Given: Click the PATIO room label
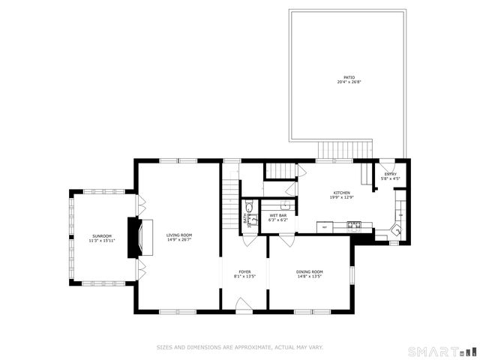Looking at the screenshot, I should [349, 76].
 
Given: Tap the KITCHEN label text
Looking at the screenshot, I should [343, 193].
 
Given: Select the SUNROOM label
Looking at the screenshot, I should [102, 236].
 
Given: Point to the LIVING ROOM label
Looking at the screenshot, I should [179, 235].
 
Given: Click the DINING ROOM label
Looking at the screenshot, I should [309, 271].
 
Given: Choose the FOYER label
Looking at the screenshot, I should [244, 271].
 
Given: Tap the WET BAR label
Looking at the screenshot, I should [278, 215].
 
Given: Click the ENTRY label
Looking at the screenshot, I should [390, 174].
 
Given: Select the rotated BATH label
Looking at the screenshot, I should [244, 219].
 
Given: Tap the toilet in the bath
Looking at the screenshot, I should [250, 208].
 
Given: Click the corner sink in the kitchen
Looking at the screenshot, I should [397, 232].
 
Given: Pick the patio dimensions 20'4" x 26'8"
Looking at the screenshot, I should [349, 82].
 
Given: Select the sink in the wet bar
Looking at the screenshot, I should [285, 204].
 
